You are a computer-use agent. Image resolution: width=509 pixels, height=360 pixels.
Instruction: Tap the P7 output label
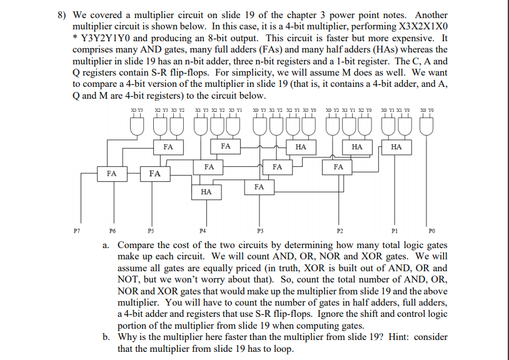[76, 230]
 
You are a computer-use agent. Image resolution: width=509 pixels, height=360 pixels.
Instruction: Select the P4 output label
[202, 230]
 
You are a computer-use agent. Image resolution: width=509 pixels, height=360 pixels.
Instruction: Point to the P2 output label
[340, 230]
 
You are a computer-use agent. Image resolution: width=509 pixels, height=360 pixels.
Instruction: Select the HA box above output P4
[206, 192]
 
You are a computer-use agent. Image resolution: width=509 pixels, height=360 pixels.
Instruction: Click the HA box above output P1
[395, 147]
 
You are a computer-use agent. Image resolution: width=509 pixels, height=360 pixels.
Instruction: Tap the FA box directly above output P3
[259, 187]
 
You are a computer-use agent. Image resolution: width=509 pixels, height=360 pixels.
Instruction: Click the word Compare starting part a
[139, 245]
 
